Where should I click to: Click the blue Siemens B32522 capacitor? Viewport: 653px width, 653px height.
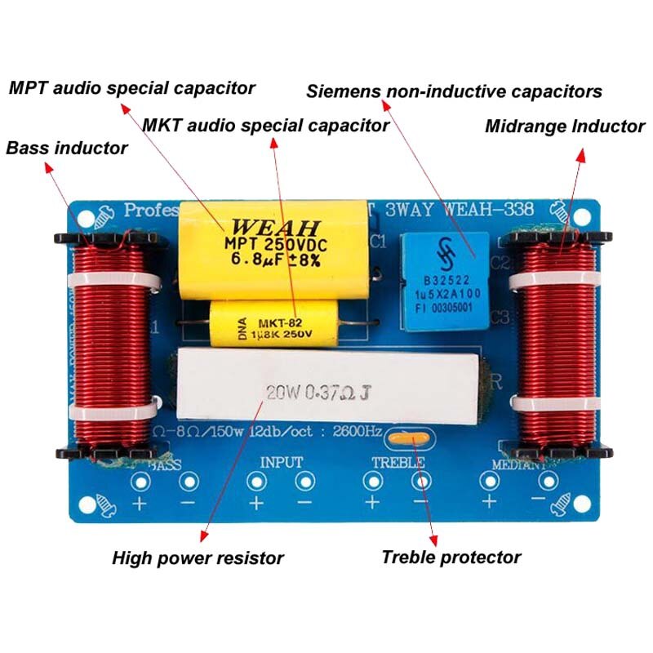pos(444,281)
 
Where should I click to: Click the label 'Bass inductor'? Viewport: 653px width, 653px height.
pos(67,148)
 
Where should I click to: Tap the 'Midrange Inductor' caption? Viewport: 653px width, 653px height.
pos(565,127)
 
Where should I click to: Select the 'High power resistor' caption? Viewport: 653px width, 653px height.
pos(198,558)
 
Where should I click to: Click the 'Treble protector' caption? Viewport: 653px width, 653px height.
pos(451,557)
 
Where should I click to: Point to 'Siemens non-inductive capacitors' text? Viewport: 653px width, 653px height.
pos(454,91)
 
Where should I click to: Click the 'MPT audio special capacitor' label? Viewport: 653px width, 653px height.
pos(131,87)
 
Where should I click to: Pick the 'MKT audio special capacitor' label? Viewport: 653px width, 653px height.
pos(265,126)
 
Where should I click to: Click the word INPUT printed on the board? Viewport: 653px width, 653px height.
pos(281,462)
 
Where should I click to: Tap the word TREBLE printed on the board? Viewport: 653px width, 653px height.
pos(398,463)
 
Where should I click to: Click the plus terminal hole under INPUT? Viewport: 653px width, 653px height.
pos(256,482)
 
